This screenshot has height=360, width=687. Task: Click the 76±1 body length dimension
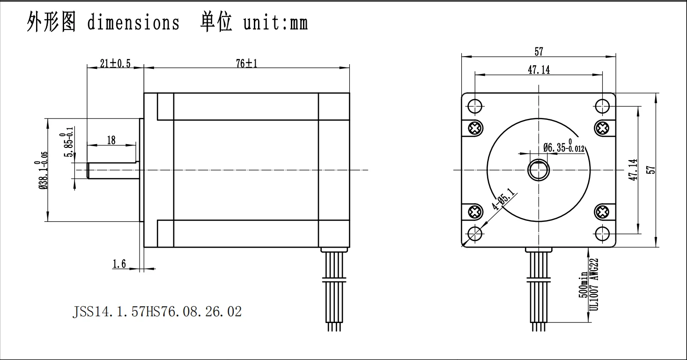(247, 64)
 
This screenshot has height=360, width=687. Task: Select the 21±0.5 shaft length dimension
(115, 64)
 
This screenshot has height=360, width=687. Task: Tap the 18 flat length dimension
(111, 140)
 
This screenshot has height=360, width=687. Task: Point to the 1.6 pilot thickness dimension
(119, 264)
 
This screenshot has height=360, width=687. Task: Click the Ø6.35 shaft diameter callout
(564, 146)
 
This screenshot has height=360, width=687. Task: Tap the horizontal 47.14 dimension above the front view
(539, 70)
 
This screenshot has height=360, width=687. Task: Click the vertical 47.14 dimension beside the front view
(633, 169)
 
